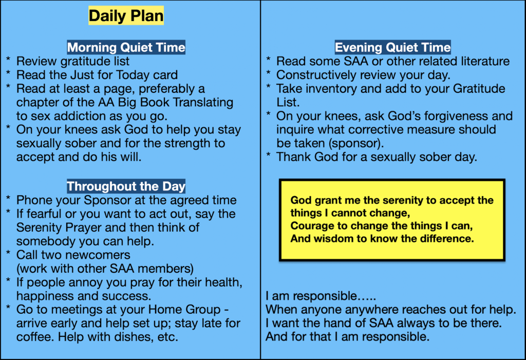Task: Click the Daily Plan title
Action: pos(126,16)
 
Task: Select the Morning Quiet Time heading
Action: pos(126,47)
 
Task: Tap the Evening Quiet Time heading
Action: pos(392,47)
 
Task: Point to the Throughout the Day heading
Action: pos(126,186)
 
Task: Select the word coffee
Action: pos(35,336)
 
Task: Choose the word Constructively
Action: pos(316,75)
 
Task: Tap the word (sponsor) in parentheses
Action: pos(356,144)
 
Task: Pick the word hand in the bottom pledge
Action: pos(348,324)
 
